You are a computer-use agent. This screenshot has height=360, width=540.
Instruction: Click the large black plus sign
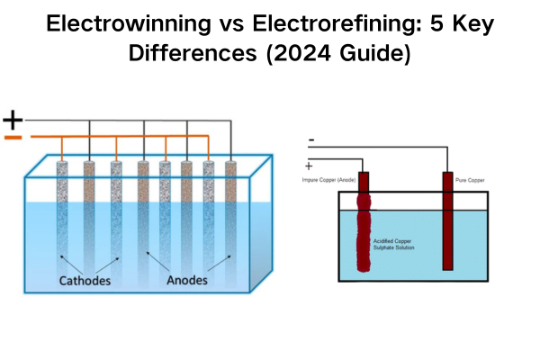[x=13, y=119]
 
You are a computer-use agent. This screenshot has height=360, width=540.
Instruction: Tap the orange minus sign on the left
[x=13, y=138]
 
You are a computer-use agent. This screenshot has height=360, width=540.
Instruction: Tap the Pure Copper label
[x=469, y=180]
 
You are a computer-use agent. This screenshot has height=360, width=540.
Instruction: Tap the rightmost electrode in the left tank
[x=232, y=216]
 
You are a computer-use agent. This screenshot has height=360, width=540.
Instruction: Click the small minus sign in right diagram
[x=311, y=140]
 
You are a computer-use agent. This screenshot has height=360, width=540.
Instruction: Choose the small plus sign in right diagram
[x=311, y=166]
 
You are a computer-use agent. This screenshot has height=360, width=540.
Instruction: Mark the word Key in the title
[x=469, y=24]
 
